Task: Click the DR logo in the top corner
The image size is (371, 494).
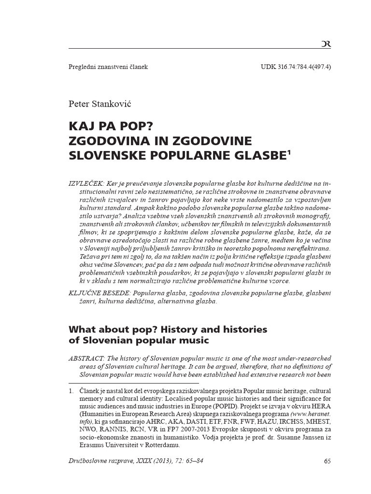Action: click(x=326, y=44)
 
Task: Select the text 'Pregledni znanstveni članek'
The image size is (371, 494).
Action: click(x=108, y=67)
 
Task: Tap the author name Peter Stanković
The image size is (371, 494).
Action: click(x=100, y=104)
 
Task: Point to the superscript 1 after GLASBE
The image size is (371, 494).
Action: click(x=289, y=153)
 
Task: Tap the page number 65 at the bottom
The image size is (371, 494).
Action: click(x=327, y=461)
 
